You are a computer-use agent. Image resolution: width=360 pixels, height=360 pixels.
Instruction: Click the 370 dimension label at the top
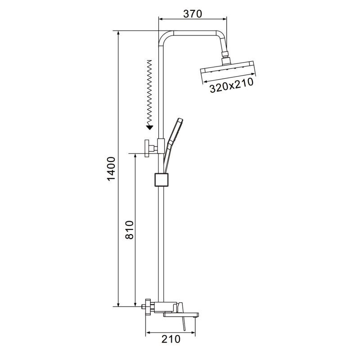tap(193, 14)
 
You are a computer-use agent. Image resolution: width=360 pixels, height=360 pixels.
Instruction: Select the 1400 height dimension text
tap(111, 169)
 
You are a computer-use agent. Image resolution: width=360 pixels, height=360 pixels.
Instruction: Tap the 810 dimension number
tap(130, 230)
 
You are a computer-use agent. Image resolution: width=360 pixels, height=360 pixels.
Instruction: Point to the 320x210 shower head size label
tap(231, 85)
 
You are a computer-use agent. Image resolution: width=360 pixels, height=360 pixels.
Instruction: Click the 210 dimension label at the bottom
tap(171, 339)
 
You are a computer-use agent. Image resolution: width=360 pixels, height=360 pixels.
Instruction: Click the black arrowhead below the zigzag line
tap(149, 127)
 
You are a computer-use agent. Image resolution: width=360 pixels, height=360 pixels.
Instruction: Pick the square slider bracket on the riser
tap(161, 180)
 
